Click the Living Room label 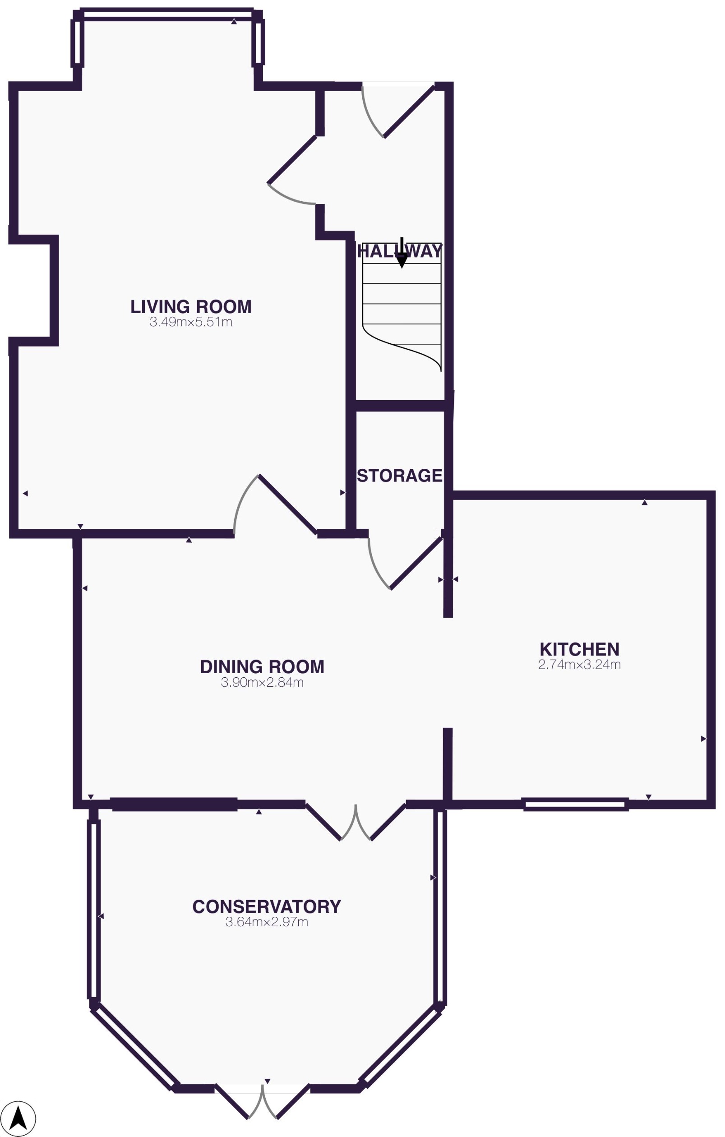[x=191, y=307]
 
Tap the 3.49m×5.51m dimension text [x=191, y=322]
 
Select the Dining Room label [x=262, y=667]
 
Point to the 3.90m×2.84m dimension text [x=262, y=682]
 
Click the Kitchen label [x=579, y=649]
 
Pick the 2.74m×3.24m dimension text [x=579, y=664]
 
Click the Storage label [x=400, y=476]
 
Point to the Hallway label [x=400, y=251]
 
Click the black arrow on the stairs [x=402, y=255]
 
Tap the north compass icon [x=18, y=1119]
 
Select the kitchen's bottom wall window [x=576, y=804]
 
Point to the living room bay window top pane [x=167, y=14]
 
